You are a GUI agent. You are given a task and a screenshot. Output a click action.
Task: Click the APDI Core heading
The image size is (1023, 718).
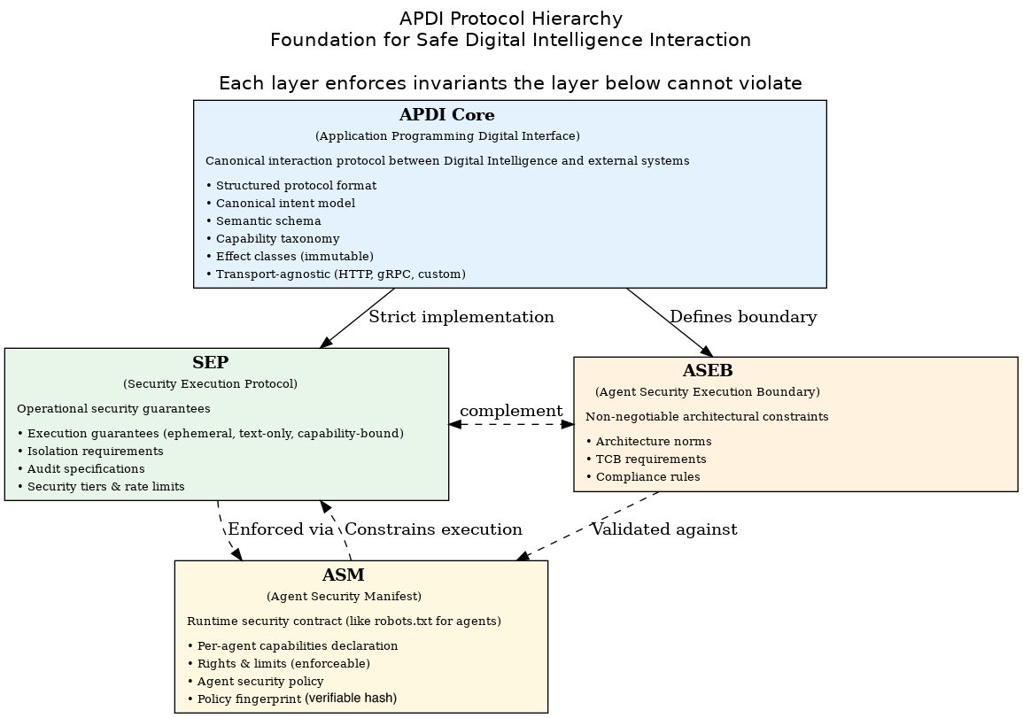click(447, 115)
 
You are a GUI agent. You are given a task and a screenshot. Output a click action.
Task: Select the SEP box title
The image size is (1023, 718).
click(210, 363)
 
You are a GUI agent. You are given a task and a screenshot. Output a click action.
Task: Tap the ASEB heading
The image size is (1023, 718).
click(707, 370)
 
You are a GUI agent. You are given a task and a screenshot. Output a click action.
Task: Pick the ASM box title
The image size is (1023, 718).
click(343, 575)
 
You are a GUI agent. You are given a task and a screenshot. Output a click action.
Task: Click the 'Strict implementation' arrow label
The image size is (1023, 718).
click(461, 317)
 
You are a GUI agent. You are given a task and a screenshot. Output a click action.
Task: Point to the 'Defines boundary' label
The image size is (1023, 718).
click(743, 317)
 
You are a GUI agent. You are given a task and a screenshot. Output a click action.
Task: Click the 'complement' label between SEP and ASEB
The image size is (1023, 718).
click(511, 411)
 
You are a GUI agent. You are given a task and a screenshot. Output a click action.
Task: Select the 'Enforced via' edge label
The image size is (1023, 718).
click(281, 529)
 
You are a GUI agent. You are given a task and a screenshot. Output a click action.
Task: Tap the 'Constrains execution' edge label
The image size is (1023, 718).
click(433, 529)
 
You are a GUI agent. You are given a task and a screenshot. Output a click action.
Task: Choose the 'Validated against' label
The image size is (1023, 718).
click(664, 529)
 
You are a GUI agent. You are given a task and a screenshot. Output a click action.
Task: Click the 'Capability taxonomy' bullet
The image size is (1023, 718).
click(273, 239)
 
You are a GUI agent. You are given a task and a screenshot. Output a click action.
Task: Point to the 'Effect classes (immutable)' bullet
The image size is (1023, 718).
click(290, 256)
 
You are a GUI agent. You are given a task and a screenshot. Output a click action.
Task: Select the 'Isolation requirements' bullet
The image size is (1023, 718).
click(90, 452)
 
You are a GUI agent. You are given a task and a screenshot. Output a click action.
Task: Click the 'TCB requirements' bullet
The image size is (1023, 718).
click(646, 459)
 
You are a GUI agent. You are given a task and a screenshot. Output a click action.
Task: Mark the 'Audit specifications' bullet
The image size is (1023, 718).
click(81, 469)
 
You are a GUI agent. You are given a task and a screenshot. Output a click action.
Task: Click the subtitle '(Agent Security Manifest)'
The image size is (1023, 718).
click(344, 596)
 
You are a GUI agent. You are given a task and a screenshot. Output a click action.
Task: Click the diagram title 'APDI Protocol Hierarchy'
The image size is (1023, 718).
click(511, 19)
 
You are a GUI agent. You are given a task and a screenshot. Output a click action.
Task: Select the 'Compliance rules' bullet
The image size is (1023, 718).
click(643, 476)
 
